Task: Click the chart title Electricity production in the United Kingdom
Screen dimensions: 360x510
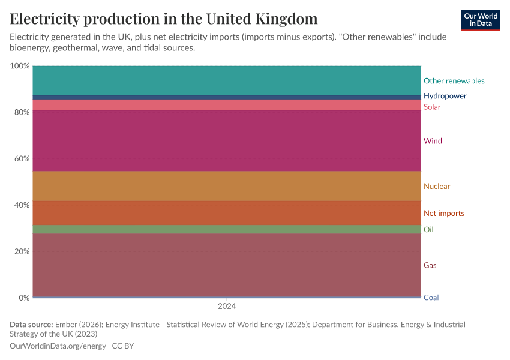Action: click(x=164, y=19)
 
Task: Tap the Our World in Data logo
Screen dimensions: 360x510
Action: click(x=480, y=20)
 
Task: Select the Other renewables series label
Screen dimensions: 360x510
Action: click(x=454, y=81)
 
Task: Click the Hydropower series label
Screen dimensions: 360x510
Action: click(x=445, y=96)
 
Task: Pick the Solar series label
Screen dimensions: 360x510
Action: click(x=432, y=107)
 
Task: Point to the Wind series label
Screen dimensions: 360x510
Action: click(x=433, y=141)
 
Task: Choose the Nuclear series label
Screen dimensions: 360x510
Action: click(x=436, y=187)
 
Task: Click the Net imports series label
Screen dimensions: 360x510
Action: click(x=443, y=214)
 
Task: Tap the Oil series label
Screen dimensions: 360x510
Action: click(x=428, y=230)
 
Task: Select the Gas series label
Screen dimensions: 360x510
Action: click(x=430, y=265)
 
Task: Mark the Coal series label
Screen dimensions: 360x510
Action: click(x=431, y=298)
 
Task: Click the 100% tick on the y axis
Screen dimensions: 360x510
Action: click(x=19, y=66)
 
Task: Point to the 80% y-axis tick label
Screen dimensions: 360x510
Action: click(x=21, y=112)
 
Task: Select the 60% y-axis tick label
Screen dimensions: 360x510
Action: click(x=21, y=159)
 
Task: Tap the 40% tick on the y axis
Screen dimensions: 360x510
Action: click(x=21, y=205)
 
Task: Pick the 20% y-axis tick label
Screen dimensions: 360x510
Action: click(x=21, y=251)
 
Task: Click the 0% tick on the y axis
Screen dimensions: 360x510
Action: click(x=23, y=298)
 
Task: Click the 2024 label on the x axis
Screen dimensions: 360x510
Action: click(x=227, y=306)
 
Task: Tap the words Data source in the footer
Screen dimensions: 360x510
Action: click(x=31, y=325)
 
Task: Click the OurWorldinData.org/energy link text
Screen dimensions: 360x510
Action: click(x=58, y=346)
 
